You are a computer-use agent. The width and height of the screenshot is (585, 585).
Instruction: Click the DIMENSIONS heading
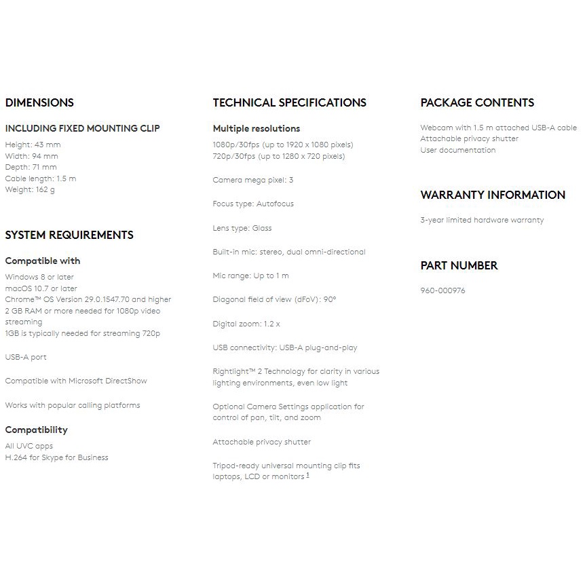click(39, 103)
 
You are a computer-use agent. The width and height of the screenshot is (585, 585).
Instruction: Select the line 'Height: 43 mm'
click(33, 145)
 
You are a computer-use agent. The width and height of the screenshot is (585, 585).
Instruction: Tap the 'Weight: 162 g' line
click(30, 190)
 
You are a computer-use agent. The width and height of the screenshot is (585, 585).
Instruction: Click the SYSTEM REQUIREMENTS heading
click(69, 235)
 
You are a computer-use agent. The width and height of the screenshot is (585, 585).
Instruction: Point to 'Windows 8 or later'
click(39, 277)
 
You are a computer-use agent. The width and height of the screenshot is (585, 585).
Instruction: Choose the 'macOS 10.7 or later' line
click(41, 288)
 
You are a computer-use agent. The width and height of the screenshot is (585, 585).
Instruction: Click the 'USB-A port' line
click(26, 357)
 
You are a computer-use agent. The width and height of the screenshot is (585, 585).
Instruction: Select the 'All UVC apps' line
click(29, 446)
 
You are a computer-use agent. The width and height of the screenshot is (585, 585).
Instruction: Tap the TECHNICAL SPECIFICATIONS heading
click(289, 103)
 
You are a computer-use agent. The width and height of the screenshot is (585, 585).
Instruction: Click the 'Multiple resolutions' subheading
click(256, 128)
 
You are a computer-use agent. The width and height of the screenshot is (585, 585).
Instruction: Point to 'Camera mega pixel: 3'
click(252, 180)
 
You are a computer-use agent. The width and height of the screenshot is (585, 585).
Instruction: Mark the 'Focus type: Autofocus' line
click(253, 204)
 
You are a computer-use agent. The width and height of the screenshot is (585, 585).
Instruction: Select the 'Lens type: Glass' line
click(242, 228)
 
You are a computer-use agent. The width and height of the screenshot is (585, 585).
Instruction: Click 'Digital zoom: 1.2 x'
click(246, 324)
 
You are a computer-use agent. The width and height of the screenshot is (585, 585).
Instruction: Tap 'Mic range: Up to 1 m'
click(250, 276)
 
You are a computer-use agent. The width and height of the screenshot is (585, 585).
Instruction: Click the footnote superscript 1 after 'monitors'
click(307, 475)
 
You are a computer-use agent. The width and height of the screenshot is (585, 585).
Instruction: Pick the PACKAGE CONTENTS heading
click(477, 103)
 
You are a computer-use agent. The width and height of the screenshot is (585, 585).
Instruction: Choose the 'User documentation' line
click(457, 150)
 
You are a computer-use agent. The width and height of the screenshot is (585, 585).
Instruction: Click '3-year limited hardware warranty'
click(482, 220)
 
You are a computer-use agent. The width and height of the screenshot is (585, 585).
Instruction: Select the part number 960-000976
click(442, 290)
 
